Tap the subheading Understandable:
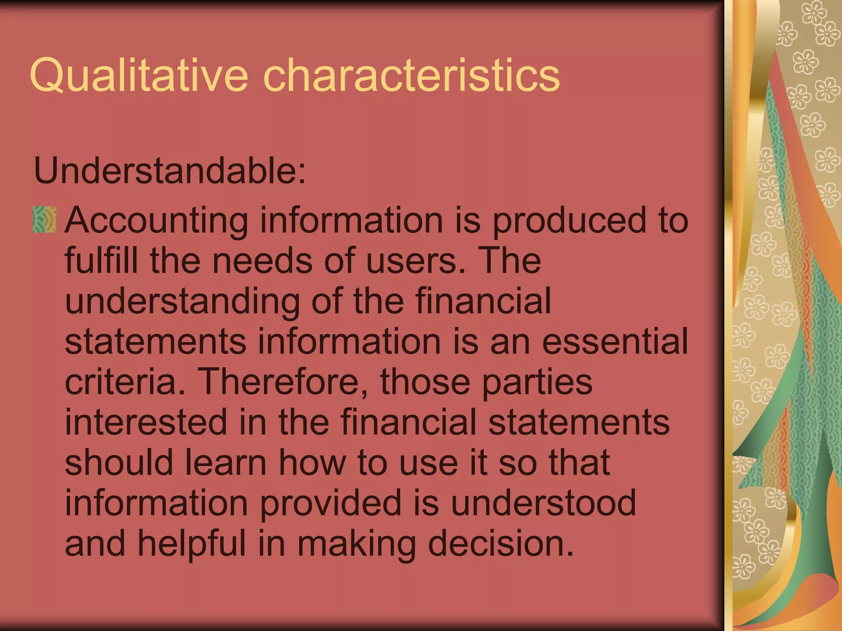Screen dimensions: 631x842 (x=170, y=170)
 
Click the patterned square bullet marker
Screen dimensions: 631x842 (x=44, y=220)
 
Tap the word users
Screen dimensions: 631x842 (x=416, y=261)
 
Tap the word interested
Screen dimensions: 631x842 (x=146, y=422)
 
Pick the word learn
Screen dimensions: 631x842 (x=226, y=462)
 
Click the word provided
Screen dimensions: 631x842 (x=331, y=503)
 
